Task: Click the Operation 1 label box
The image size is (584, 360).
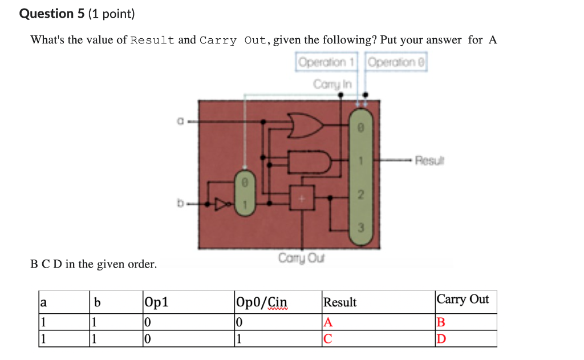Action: (x=327, y=62)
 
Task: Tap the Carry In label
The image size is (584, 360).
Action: (x=333, y=84)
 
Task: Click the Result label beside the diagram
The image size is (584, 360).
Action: (x=428, y=160)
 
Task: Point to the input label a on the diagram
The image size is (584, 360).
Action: (x=180, y=121)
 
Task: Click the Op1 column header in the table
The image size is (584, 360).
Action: (x=157, y=302)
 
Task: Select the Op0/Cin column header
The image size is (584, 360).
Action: (x=262, y=302)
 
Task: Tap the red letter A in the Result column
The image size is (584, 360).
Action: (x=327, y=322)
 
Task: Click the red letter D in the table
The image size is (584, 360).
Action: (x=440, y=340)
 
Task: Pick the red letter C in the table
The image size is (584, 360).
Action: (x=327, y=340)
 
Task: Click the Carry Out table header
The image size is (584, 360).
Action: (x=463, y=300)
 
